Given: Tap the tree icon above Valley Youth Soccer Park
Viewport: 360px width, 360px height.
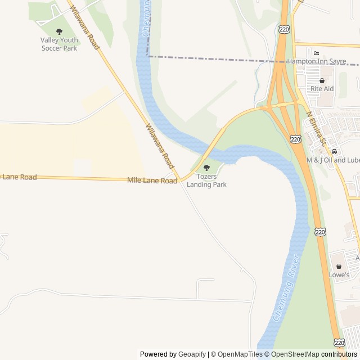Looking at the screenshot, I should pos(59,31).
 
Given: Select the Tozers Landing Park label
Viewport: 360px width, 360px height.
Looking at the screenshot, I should pos(206,180).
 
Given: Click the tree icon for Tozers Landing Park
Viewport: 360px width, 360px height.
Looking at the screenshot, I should pos(206,168).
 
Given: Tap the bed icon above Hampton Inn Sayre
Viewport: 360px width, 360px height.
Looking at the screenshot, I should pos(316,52).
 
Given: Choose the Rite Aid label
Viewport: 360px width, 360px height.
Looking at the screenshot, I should pos(322,89).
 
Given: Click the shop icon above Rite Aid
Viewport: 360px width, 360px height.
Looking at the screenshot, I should pos(322,80).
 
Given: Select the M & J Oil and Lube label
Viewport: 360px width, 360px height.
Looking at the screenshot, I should pos(332,160).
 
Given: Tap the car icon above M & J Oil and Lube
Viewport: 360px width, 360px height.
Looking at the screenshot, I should pos(335,151).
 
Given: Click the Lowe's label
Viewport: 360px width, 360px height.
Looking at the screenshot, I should pos(339,275).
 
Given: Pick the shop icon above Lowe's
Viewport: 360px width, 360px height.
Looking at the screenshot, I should pos(339,266).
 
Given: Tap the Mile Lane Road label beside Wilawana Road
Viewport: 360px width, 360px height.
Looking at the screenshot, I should pos(152,180).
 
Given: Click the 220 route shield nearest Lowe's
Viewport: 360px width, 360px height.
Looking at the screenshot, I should pos(320,232).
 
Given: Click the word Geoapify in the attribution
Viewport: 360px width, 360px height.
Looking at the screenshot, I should pos(192,354).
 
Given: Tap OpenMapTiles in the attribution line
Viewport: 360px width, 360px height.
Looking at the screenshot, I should pos(240,354).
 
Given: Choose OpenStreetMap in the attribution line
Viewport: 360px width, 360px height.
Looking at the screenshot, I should pos(295,354).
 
